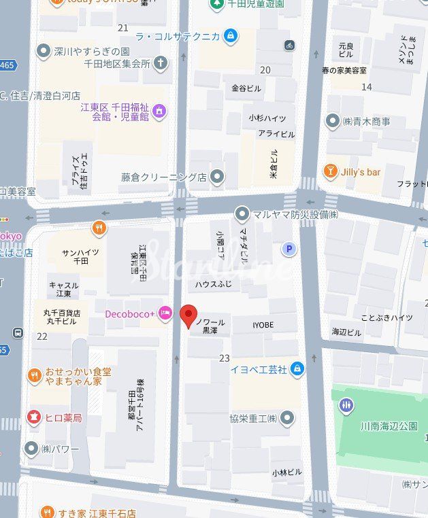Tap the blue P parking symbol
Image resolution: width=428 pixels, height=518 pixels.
tap(291, 249)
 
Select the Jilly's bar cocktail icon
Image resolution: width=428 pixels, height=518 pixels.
tap(331, 171)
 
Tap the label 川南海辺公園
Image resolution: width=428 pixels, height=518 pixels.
tap(389, 426)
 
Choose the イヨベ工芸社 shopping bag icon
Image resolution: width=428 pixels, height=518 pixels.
tap(297, 369)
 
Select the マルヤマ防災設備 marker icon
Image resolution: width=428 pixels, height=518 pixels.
tap(242, 214)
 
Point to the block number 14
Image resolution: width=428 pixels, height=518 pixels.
tap(367, 86)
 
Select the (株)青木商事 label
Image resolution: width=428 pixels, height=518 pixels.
tap(366, 122)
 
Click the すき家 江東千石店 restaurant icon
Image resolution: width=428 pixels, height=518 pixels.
tap(47, 512)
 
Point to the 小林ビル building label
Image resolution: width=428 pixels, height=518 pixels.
tap(286, 472)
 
